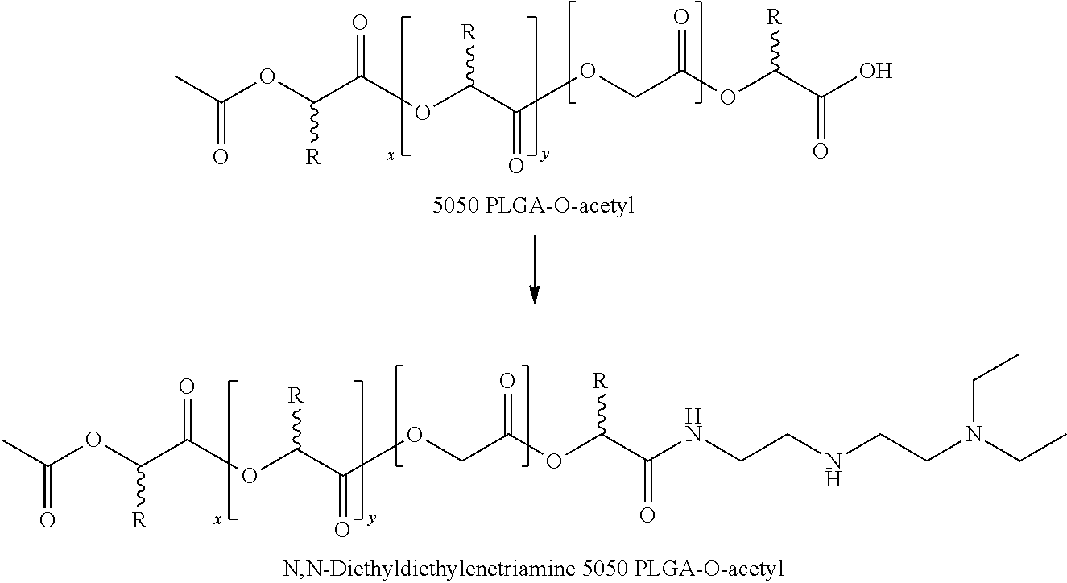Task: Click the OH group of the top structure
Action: coord(875,72)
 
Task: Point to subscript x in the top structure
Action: coord(390,155)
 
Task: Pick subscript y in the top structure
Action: coord(545,155)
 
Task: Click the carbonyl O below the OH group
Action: coord(821,151)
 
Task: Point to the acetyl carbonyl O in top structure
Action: coord(219,156)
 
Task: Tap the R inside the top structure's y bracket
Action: coord(467,33)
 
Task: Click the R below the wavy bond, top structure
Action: coord(313,156)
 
